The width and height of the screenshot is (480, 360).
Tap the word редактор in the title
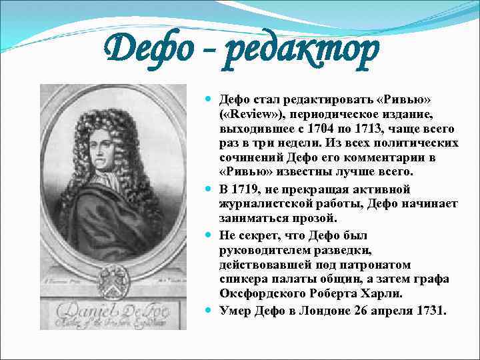tap(301, 51)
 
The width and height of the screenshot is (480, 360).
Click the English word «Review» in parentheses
tap(247, 113)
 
